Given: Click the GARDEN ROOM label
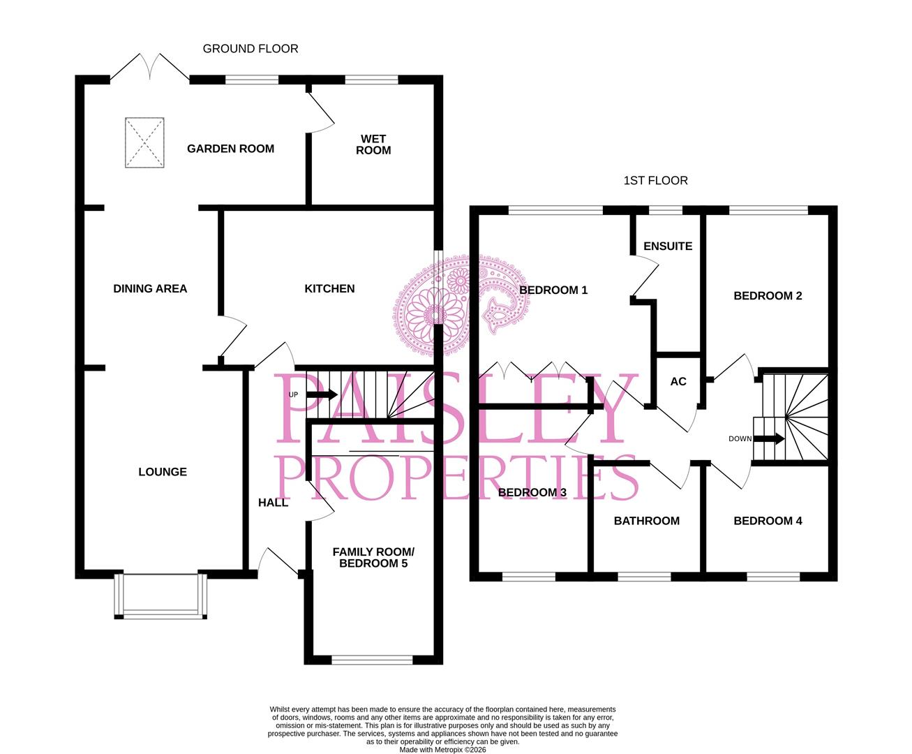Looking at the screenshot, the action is tap(231, 149).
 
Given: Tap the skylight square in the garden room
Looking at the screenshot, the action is tap(144, 142).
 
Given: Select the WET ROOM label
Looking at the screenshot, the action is tap(373, 145).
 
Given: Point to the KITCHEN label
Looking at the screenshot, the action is tap(329, 288).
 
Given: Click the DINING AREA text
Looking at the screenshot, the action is tap(150, 288).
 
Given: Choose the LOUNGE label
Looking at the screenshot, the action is tap(163, 472).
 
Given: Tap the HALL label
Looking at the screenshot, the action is tap(273, 503).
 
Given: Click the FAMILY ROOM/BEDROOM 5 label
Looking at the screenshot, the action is tap(373, 557).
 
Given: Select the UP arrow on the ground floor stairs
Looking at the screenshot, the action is tap(322, 394).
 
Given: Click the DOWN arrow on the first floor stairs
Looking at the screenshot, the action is tap(769, 438).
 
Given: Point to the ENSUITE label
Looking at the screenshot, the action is tap(668, 246).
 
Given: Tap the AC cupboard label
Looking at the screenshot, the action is tap(678, 382).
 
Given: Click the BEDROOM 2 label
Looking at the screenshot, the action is tap(768, 296).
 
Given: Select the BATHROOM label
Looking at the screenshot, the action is tap(647, 521).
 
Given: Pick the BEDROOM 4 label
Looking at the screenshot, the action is tap(768, 521).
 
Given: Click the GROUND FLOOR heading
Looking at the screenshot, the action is tap(251, 48).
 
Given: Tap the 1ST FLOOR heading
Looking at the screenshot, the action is tap(656, 181).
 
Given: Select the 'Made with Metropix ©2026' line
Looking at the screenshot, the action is tap(442, 750).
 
